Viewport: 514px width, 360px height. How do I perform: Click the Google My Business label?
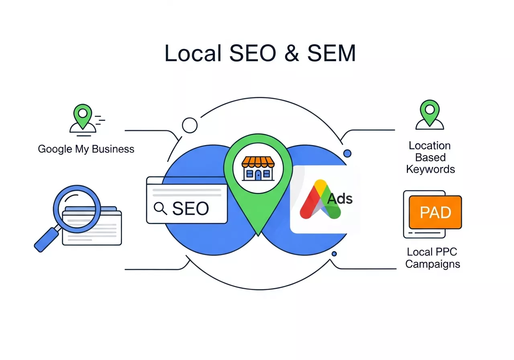[86, 149]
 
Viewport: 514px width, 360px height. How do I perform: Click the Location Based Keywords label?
[430, 157]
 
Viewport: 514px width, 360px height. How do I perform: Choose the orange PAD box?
[435, 212]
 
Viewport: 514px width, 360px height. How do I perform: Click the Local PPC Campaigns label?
[432, 258]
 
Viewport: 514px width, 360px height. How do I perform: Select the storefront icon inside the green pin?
[257, 168]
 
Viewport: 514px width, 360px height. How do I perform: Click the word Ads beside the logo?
[340, 198]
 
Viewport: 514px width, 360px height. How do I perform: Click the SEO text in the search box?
[190, 208]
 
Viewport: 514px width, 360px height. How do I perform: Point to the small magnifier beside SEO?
[160, 208]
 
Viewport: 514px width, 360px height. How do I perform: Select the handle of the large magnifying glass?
[45, 240]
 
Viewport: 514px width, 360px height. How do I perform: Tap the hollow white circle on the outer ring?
[190, 125]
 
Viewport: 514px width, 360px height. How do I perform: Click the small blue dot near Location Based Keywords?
[347, 153]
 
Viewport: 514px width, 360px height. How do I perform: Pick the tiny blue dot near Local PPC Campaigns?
[334, 254]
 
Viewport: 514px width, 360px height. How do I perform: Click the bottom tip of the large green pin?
[257, 233]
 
